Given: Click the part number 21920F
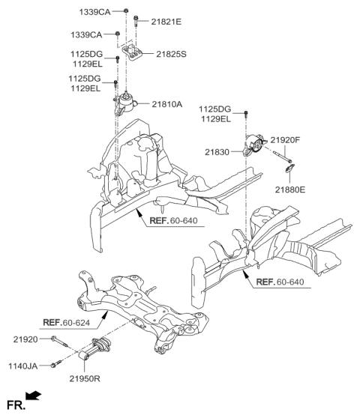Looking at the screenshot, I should [x=285, y=140].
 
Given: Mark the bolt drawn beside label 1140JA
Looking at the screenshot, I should [x=54, y=365].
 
